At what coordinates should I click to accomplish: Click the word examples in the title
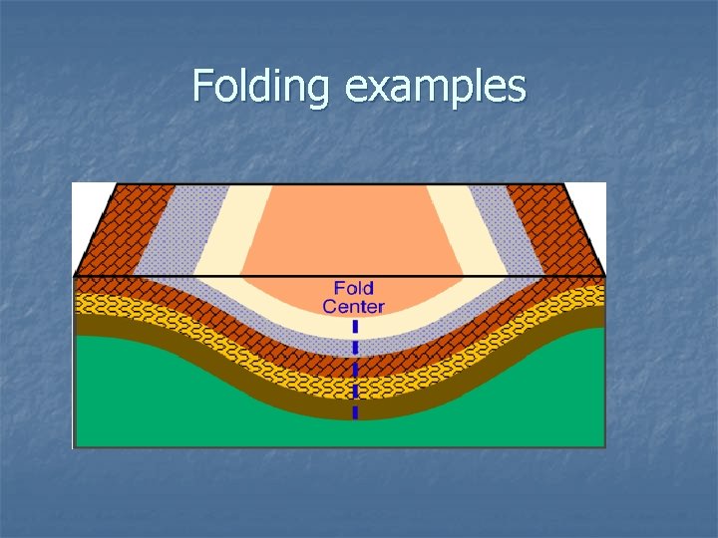[x=435, y=87]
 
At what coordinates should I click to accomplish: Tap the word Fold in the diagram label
[x=353, y=290]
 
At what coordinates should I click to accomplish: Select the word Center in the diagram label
[x=353, y=307]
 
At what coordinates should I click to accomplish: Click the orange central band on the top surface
[x=349, y=229]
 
